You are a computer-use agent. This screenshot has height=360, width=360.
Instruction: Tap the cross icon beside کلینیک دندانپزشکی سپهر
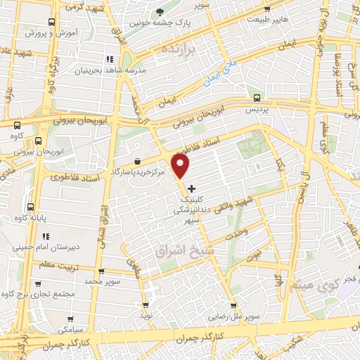tap(192, 188)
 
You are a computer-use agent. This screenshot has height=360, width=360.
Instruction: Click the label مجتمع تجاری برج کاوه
tap(51, 293)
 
